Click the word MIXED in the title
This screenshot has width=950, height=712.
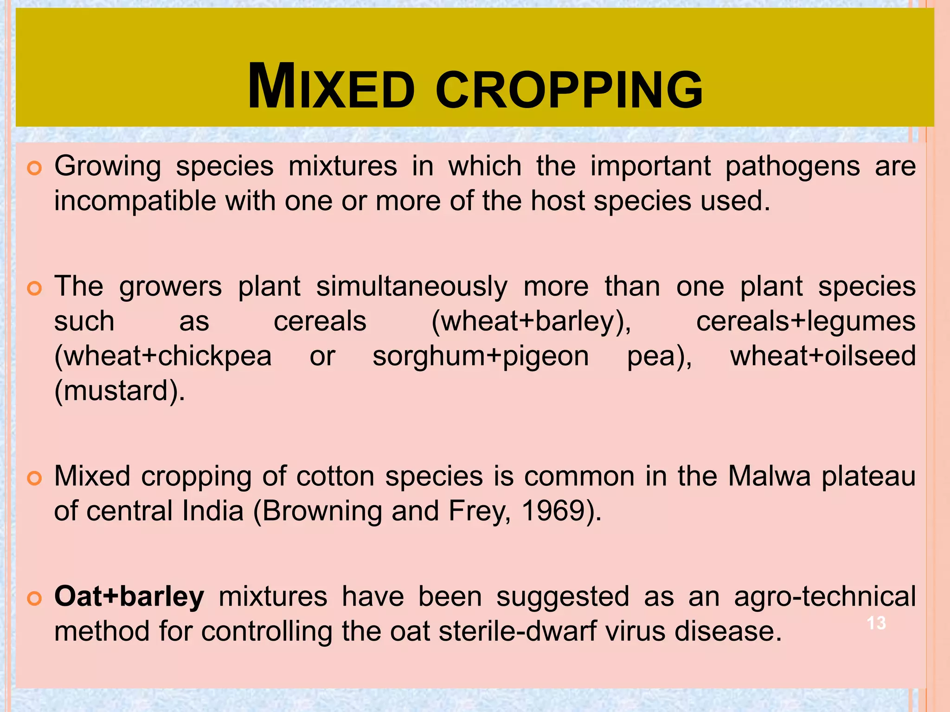pos(331,87)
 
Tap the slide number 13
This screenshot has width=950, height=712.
pos(876,623)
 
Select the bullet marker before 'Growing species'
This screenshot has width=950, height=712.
pos(35,167)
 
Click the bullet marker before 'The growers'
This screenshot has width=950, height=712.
pos(35,288)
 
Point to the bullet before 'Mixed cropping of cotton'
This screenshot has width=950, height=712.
pos(35,477)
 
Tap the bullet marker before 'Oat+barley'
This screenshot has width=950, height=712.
pos(35,598)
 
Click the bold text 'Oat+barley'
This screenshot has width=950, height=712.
pos(129,597)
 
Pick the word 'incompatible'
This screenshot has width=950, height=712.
pos(135,201)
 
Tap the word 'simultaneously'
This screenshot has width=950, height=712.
pos(412,287)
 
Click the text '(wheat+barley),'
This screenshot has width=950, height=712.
pos(531,322)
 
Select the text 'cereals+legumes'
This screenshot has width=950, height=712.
pos(806,322)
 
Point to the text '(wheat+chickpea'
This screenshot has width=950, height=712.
pos(163,356)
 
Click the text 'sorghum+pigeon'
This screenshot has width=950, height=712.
pos(481,356)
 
